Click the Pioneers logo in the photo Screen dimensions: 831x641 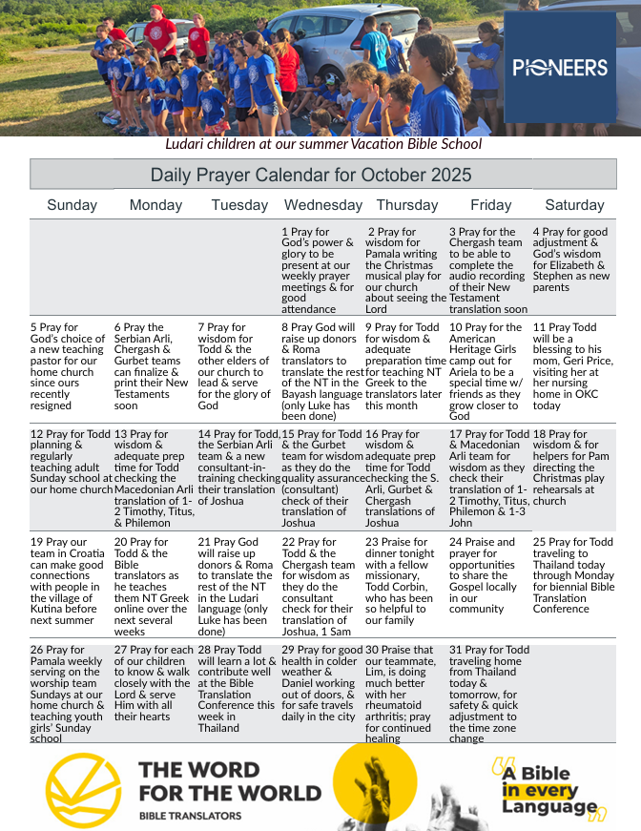(559, 68)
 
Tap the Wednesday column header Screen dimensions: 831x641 (322, 205)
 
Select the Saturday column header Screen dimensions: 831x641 (574, 205)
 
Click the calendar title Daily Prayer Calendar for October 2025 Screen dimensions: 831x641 (311, 175)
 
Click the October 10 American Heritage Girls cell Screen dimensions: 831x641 (488, 370)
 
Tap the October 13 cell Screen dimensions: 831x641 (155, 477)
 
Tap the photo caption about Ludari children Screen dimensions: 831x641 (323, 144)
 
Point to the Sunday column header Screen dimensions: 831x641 (72, 205)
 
